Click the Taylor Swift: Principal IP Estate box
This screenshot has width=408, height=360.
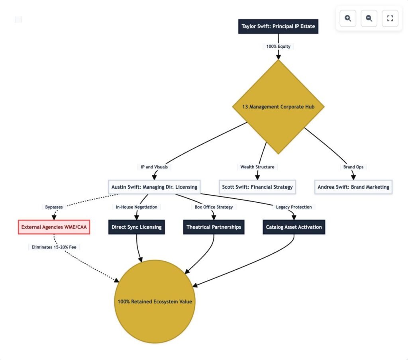tap(278, 27)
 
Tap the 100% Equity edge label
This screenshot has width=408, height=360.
tap(279, 46)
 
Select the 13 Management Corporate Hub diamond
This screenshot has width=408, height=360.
tap(278, 107)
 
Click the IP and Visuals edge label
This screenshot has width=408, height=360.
tap(154, 167)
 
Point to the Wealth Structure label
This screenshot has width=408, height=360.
tap(257, 167)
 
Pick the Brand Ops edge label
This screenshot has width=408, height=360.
tap(353, 167)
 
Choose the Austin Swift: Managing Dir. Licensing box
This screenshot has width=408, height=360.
tap(154, 187)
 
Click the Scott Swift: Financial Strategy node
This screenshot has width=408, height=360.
tap(257, 187)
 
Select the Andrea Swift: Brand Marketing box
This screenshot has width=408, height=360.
tap(353, 187)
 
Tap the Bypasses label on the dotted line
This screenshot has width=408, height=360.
tap(54, 207)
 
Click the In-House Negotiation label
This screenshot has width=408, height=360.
tap(136, 207)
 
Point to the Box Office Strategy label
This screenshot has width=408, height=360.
tap(214, 207)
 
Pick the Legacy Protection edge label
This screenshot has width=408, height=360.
tap(294, 207)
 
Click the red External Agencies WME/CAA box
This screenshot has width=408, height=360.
tap(54, 227)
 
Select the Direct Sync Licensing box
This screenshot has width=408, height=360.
tap(136, 227)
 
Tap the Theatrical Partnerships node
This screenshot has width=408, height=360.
tap(214, 227)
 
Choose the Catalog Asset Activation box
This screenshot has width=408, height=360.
tap(294, 227)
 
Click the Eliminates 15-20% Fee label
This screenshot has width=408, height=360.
tap(54, 247)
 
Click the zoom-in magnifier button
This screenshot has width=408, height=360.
tap(348, 18)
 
